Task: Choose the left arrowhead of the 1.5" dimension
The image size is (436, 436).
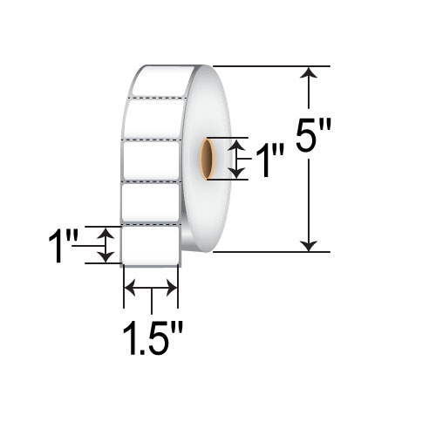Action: [130, 290]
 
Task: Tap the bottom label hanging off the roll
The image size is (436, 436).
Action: [150, 244]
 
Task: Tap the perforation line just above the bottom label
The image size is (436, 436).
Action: [150, 224]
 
